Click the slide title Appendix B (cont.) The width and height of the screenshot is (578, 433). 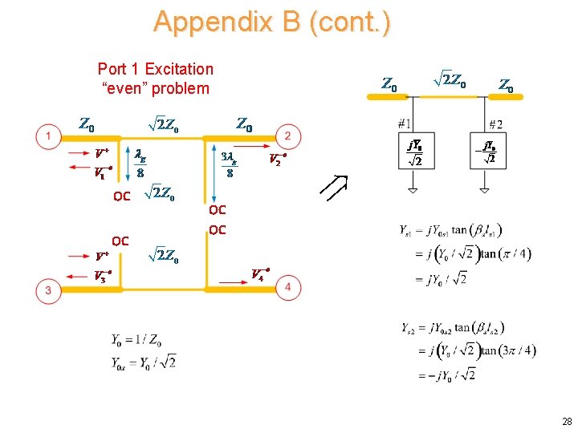(272, 22)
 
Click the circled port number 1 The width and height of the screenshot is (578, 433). (49, 137)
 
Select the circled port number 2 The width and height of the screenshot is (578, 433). (288, 136)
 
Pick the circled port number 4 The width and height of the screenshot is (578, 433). (288, 288)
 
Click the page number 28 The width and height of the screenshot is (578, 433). (567, 422)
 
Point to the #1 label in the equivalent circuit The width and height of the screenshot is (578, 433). (404, 124)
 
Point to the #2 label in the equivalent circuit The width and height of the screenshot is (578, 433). (495, 124)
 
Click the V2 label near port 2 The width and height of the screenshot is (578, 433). (279, 159)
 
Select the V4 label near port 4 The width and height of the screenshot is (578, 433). (259, 274)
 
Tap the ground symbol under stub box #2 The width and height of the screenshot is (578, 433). (486, 191)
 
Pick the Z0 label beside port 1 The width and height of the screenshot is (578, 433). (87, 125)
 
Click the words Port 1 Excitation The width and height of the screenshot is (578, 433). (155, 69)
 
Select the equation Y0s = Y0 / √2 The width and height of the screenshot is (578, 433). (144, 362)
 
